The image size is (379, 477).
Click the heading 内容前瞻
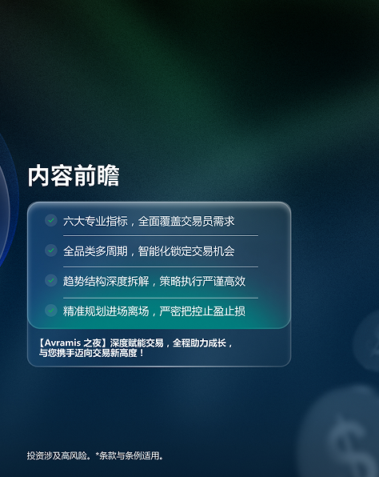(74, 175)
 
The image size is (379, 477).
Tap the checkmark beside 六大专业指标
(51, 220)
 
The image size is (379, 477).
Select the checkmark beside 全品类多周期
(51, 251)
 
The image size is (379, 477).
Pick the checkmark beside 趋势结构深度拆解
(51, 280)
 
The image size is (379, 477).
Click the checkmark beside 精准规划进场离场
(51, 311)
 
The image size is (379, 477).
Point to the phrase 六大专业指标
(95, 221)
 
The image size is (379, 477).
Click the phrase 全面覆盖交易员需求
(186, 221)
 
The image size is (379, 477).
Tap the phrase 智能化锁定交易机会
(186, 251)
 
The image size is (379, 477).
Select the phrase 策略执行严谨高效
(202, 281)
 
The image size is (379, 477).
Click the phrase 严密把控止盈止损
(202, 311)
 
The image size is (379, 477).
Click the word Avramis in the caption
(62, 343)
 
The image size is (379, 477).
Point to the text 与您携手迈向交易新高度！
(91, 353)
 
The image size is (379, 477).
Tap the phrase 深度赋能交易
(137, 343)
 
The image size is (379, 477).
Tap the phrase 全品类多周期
(95, 251)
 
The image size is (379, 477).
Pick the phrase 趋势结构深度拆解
(106, 281)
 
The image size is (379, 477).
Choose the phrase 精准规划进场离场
(106, 311)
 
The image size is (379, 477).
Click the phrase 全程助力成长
(199, 343)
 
